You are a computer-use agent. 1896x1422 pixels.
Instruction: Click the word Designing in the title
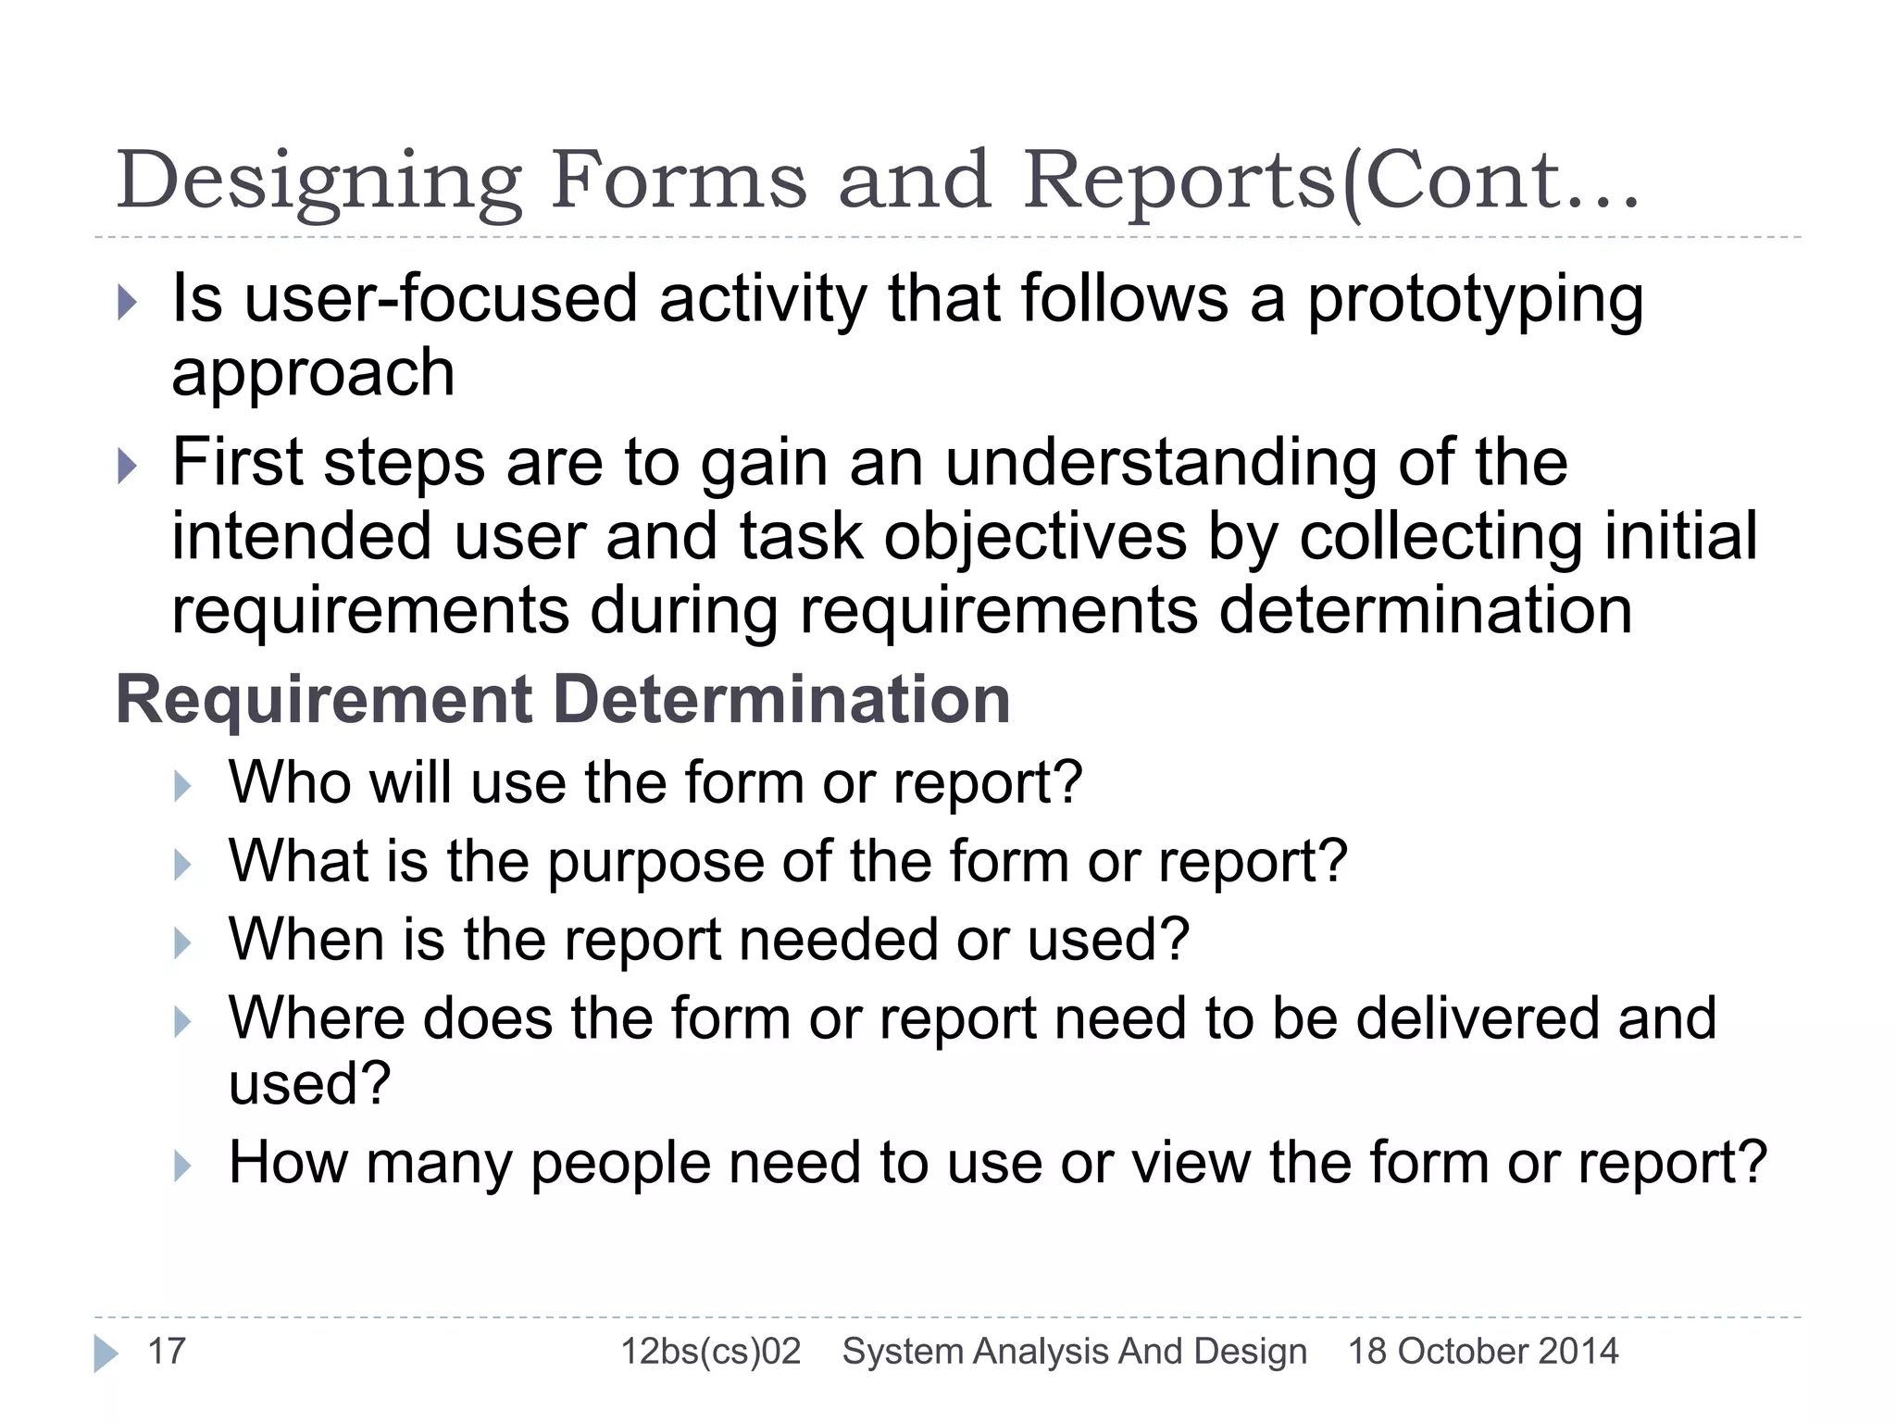(319, 181)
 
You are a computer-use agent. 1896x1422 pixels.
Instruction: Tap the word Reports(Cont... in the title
(1330, 181)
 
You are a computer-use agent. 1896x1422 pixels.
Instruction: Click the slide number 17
(167, 1351)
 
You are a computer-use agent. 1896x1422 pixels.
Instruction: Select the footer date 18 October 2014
(1482, 1351)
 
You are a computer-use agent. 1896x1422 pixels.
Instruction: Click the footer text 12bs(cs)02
(710, 1351)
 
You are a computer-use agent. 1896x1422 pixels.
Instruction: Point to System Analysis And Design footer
(1074, 1351)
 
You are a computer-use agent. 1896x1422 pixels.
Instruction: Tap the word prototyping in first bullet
(1475, 302)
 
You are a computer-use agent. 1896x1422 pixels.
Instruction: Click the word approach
(313, 373)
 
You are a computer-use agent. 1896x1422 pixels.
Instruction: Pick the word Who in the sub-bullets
(288, 782)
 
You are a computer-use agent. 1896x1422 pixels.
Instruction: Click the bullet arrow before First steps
(128, 466)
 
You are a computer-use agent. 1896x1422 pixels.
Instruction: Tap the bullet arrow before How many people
(182, 1166)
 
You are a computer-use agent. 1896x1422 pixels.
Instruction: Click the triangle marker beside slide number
(106, 1353)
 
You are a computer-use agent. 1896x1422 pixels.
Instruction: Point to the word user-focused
(441, 300)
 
